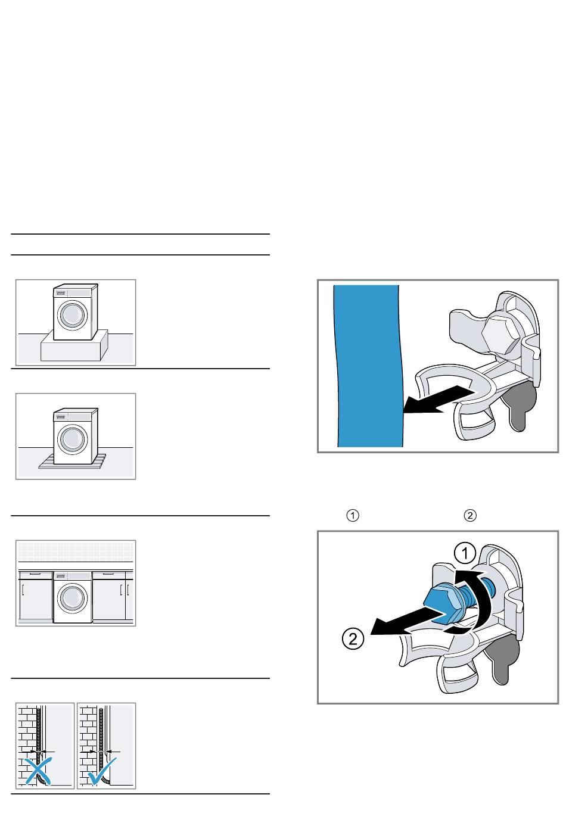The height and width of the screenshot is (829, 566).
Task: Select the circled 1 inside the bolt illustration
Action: coord(465,554)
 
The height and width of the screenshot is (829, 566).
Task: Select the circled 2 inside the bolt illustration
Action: coord(353,639)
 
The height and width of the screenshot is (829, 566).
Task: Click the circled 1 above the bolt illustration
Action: coord(352,516)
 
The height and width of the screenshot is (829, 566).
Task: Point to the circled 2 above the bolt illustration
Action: coord(470,516)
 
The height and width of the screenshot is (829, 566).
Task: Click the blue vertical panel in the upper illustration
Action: coord(369,366)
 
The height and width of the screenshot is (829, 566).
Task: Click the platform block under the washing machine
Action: coord(74,347)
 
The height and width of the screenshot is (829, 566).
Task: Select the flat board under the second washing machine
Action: coord(72,462)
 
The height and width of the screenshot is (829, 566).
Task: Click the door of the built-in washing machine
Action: coord(72,599)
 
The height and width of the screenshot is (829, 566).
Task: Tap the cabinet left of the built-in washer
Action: coord(36,596)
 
